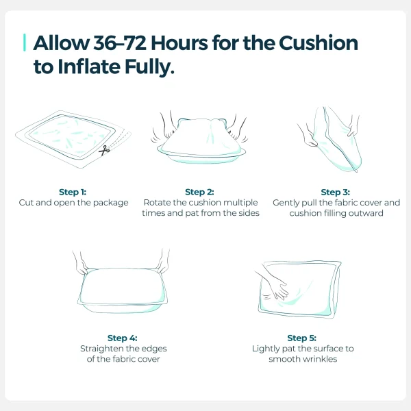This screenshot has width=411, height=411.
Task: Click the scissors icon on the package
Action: click(x=104, y=151)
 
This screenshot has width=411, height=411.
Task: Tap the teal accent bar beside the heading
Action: click(x=25, y=42)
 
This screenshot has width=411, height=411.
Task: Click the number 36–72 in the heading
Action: click(x=119, y=43)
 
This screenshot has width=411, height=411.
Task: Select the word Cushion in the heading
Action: click(x=319, y=42)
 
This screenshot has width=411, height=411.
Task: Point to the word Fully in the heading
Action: click(x=149, y=67)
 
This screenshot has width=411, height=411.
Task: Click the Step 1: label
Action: click(x=73, y=192)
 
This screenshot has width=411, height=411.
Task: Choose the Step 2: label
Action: click(x=199, y=192)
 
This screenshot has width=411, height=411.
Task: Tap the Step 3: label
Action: click(x=335, y=192)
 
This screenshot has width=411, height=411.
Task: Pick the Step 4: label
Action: click(x=123, y=338)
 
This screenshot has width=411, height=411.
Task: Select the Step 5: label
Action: click(x=301, y=338)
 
